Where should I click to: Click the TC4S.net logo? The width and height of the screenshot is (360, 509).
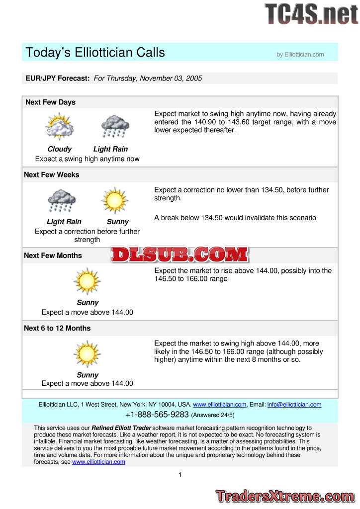pos(311,13)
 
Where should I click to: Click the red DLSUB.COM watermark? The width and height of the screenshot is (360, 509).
pos(180,255)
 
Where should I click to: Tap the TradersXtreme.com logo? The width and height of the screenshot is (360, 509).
pos(285,496)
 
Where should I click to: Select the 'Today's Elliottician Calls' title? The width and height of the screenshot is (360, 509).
pos(95,52)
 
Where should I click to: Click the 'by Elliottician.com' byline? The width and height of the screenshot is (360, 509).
pos(300,55)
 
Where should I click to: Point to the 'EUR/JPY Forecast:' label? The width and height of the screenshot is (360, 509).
pos(58,79)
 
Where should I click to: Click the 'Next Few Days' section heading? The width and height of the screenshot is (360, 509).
pos(50,102)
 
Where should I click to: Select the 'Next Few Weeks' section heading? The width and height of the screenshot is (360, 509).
pos(52,175)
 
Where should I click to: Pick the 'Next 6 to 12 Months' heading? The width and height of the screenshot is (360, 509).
pos(57,328)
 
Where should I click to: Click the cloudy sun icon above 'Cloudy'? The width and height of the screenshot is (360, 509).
pos(60,127)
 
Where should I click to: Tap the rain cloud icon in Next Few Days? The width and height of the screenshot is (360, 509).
pos(115,127)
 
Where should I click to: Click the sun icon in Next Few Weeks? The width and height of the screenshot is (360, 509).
pos(115,200)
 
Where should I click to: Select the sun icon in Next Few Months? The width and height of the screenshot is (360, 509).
pos(87,281)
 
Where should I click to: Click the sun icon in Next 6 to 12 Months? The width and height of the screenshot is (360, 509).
pos(87,353)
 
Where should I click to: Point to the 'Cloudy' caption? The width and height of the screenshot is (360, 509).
pos(60,149)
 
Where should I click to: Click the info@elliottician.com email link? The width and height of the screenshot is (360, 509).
pos(294,405)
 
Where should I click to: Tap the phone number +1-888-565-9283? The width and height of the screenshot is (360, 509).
pos(157,415)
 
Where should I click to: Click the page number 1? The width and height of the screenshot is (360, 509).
pos(180,475)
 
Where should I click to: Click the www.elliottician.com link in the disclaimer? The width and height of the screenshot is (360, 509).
pos(98,462)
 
